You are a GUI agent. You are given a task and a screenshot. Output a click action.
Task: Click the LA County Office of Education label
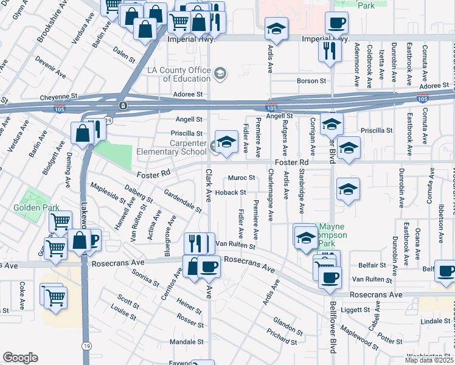pos(179,74)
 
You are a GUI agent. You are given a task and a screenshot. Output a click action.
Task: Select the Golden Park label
pos(36,207)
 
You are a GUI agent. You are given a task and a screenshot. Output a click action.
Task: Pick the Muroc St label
pos(241,178)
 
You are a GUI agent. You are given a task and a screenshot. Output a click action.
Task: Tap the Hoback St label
pos(230,192)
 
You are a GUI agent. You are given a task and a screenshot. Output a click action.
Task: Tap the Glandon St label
pos(288,325)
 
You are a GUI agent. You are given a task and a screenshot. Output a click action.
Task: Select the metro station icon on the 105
pos(123,106)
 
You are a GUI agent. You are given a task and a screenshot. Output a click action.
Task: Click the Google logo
pos(20,357)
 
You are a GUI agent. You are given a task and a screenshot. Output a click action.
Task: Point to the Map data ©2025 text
pos(429,360)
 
